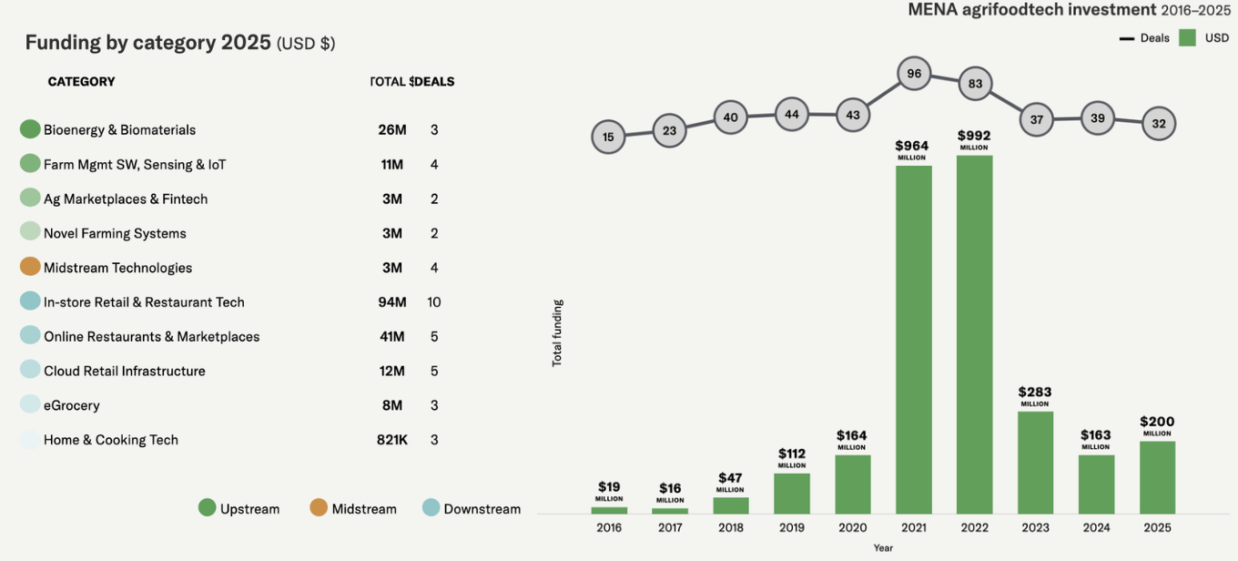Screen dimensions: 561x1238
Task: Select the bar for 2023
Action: click(1035, 463)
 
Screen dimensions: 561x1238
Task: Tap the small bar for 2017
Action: click(670, 511)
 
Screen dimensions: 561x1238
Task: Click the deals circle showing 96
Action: click(914, 74)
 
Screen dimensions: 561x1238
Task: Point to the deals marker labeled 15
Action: click(608, 138)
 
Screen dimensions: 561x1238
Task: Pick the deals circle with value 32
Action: click(1158, 124)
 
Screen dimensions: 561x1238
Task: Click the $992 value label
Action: click(974, 137)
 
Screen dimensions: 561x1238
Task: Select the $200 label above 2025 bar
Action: click(1157, 423)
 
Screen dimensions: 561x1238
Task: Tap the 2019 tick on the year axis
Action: click(792, 528)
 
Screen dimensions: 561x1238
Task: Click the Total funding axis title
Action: click(557, 332)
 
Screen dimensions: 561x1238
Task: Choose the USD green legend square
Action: click(1187, 37)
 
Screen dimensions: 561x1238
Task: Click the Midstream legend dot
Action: click(319, 508)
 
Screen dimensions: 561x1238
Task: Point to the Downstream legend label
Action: click(482, 509)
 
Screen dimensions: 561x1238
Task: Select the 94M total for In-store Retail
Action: click(392, 302)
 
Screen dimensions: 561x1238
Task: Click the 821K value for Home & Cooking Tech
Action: click(392, 440)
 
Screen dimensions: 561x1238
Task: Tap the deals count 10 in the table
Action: click(434, 302)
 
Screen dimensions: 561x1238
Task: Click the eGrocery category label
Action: click(72, 405)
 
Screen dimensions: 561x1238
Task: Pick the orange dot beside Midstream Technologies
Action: click(30, 267)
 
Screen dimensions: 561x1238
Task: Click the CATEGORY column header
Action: click(81, 82)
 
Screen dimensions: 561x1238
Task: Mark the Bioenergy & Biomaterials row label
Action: click(119, 130)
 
